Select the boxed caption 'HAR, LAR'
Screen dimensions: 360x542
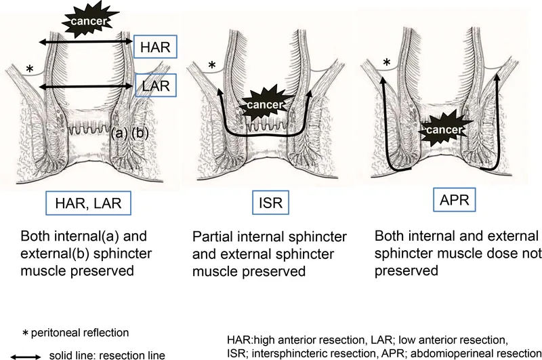click(86, 202)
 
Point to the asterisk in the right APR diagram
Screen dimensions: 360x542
click(387, 64)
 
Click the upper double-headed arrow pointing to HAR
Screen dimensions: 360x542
click(85, 43)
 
